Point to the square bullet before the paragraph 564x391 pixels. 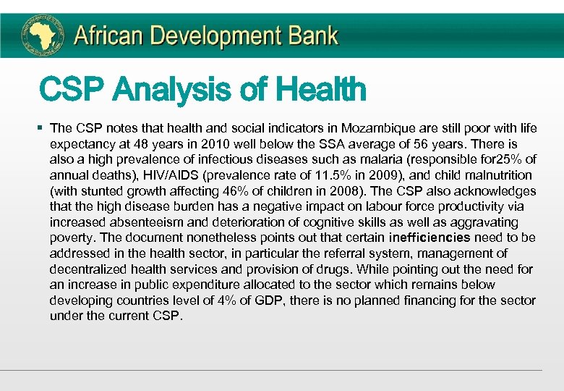point(40,128)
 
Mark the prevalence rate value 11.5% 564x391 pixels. point(335,175)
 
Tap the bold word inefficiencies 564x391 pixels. point(430,237)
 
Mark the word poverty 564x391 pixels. point(74,237)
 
